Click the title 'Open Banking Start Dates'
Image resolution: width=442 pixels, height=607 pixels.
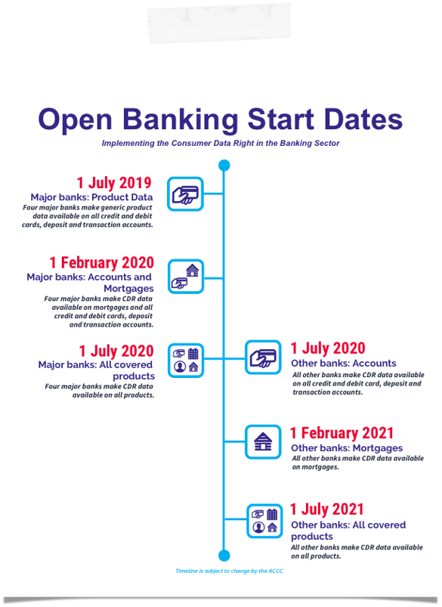tap(220, 119)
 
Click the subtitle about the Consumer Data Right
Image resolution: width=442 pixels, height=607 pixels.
tap(221, 143)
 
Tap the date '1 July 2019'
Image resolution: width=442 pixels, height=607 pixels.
tap(114, 183)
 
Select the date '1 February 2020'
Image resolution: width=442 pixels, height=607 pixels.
tap(102, 262)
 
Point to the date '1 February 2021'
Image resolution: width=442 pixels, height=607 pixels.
tap(342, 433)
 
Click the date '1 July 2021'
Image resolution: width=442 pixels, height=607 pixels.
tap(327, 509)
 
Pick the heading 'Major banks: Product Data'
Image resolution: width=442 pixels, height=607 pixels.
tap(91, 197)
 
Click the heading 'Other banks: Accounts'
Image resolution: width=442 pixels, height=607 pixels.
tap(344, 363)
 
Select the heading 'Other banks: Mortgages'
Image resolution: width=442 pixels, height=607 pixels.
tap(347, 448)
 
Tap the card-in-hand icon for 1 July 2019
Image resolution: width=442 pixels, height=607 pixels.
tap(185, 194)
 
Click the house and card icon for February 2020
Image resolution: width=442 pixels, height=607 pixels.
tap(186, 277)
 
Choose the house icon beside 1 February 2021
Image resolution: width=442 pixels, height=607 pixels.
tap(263, 441)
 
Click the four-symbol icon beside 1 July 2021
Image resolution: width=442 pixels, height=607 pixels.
tap(265, 521)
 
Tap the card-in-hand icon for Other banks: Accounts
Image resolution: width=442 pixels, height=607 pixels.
tap(263, 358)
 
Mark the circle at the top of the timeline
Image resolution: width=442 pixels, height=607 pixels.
tap(224, 166)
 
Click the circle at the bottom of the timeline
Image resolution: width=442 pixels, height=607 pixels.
tap(224, 556)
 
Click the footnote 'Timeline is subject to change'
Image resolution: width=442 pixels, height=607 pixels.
tap(230, 571)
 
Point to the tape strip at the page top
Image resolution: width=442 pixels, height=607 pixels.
tap(218, 23)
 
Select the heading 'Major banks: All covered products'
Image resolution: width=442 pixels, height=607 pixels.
tap(97, 370)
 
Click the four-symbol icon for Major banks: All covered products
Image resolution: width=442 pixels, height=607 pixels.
tap(186, 361)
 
